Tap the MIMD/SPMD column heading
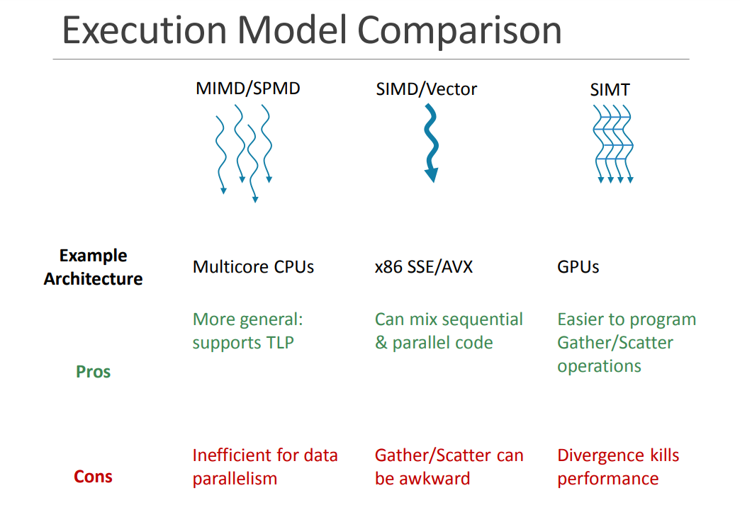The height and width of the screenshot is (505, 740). [247, 89]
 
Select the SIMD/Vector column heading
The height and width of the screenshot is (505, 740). [427, 89]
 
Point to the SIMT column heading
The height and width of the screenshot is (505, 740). [610, 90]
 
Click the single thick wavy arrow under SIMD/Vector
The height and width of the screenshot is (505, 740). [430, 138]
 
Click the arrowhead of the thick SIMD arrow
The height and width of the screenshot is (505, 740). [431, 175]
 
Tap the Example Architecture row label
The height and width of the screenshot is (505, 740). [93, 267]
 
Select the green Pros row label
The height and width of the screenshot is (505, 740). [93, 371]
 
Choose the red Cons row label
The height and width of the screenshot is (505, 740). [93, 477]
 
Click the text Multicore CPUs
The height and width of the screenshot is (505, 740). [253, 267]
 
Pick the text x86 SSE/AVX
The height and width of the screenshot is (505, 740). [423, 267]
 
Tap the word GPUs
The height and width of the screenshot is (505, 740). [578, 267]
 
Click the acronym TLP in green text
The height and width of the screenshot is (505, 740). [279, 343]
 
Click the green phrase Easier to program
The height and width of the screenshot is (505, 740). [627, 319]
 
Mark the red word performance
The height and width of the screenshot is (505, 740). [607, 479]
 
